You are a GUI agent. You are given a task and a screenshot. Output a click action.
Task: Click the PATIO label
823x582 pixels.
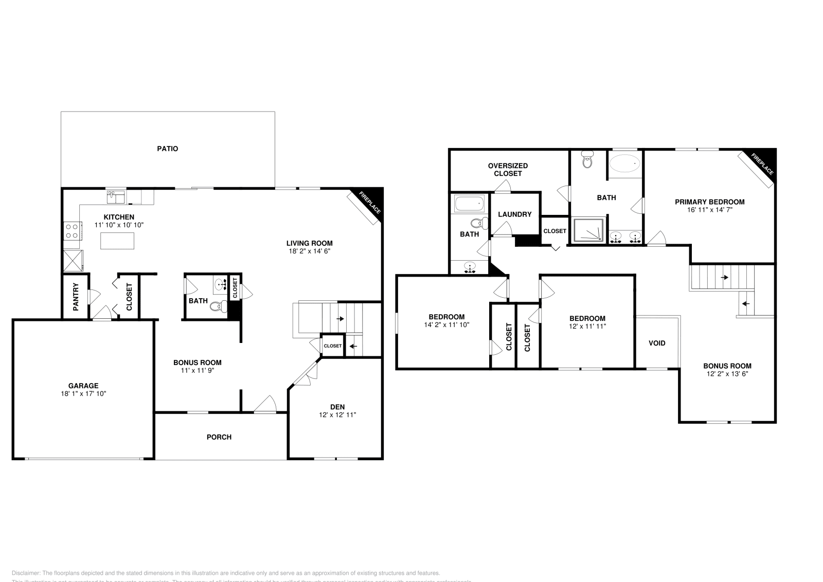coord(168,149)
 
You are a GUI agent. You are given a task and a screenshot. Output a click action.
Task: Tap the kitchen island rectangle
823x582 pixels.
coord(117,241)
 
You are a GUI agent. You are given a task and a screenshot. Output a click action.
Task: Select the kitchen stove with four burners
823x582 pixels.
coord(73,230)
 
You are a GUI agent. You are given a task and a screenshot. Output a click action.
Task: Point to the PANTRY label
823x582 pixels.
coord(76,297)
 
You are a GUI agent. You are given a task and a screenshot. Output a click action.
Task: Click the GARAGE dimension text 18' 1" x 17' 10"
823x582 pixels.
coord(83,393)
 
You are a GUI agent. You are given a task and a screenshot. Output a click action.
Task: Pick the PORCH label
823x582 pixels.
coord(219,437)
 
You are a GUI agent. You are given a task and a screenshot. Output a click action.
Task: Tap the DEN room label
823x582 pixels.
coord(337,407)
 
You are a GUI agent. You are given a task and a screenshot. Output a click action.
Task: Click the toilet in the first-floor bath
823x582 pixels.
coord(219,307)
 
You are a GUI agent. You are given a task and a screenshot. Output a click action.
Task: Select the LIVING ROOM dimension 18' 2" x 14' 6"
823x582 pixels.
coord(309,251)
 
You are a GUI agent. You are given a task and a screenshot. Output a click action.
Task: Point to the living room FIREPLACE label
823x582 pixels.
coord(370,203)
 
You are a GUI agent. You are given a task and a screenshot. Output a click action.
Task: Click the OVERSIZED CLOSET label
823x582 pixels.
coord(508,170)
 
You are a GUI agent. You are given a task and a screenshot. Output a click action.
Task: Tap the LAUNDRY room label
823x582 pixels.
coord(514,214)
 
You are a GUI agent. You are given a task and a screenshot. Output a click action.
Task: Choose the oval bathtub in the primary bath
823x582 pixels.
coord(624,164)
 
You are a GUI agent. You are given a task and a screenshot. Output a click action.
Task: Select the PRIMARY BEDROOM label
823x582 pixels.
coord(709,202)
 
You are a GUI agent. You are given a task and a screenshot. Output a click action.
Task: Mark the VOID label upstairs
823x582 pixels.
coord(657,343)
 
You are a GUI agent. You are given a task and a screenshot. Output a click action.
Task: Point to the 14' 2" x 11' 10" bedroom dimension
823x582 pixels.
coord(446,325)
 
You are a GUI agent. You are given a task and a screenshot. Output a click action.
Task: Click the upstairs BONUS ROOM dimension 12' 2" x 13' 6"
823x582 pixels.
coord(727,374)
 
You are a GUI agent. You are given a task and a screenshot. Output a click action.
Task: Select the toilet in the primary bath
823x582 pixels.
coord(587,160)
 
